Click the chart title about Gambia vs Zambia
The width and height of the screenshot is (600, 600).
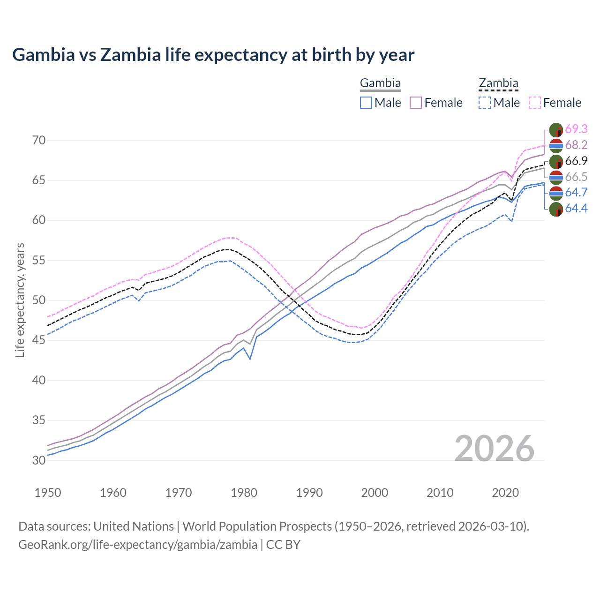pyautogui.click(x=213, y=55)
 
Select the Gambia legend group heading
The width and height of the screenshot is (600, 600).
pyautogui.click(x=380, y=83)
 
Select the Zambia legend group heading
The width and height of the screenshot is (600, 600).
pyautogui.click(x=498, y=83)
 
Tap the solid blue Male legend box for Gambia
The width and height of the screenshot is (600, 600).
pyautogui.click(x=366, y=103)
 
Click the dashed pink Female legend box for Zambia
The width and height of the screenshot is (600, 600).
pyautogui.click(x=535, y=103)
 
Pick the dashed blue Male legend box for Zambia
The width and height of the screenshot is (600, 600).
pyautogui.click(x=485, y=103)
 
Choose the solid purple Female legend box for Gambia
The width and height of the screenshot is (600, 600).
pyautogui.click(x=416, y=103)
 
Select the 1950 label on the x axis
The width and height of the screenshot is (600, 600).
pyautogui.click(x=48, y=493)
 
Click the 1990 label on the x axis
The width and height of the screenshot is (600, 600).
pyautogui.click(x=309, y=493)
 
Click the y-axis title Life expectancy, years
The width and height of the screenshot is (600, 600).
pyautogui.click(x=20, y=300)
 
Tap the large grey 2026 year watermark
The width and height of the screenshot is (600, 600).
pyautogui.click(x=495, y=449)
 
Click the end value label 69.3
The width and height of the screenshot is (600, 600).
pyautogui.click(x=576, y=129)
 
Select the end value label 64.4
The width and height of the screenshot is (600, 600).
pyautogui.click(x=576, y=208)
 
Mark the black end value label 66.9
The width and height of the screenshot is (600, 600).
pyautogui.click(x=576, y=161)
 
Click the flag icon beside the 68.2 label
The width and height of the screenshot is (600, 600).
pyautogui.click(x=556, y=145)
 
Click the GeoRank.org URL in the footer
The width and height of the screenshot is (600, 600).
pyautogui.click(x=138, y=545)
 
